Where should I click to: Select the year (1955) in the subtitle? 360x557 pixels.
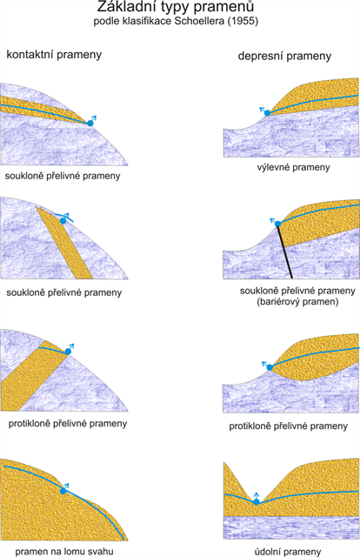click(243, 21)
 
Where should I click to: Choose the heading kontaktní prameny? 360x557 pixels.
click(54, 55)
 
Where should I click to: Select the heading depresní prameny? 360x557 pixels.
click(284, 56)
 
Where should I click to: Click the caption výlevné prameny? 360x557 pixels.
click(293, 167)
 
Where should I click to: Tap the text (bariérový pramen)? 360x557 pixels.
click(297, 302)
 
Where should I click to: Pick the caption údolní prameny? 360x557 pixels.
click(288, 552)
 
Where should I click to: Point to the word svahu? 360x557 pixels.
click(101, 551)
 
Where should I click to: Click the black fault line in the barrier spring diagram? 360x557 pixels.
click(284, 251)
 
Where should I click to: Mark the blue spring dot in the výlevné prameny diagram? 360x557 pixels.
click(267, 113)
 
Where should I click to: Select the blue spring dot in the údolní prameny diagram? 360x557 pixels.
click(257, 502)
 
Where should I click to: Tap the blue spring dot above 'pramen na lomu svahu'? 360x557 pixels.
click(63, 491)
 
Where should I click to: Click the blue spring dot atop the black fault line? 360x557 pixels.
click(278, 224)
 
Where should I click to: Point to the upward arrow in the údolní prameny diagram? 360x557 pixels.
click(257, 496)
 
